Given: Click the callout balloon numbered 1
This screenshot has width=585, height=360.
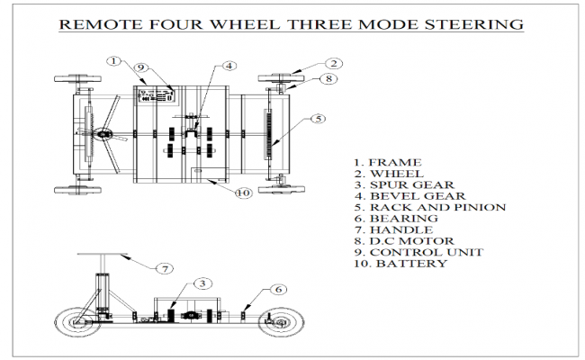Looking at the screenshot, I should [x=113, y=61].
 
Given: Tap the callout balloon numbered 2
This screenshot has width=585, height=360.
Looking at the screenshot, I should [x=333, y=64].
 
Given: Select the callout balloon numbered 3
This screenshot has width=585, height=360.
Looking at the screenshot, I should [x=204, y=283].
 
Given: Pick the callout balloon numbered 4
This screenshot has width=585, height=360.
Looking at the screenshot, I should [x=230, y=66].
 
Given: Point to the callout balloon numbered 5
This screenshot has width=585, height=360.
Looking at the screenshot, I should [x=318, y=119].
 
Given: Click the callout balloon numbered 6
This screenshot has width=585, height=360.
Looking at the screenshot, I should [x=280, y=289].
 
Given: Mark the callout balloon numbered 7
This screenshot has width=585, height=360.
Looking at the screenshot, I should [x=165, y=268].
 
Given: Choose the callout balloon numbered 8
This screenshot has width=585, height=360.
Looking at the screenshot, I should [x=329, y=78].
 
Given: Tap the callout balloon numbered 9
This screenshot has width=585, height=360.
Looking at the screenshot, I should [x=141, y=67].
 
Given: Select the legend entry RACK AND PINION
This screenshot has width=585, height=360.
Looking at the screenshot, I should [x=429, y=207].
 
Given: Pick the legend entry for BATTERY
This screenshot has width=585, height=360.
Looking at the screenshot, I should [x=400, y=265].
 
